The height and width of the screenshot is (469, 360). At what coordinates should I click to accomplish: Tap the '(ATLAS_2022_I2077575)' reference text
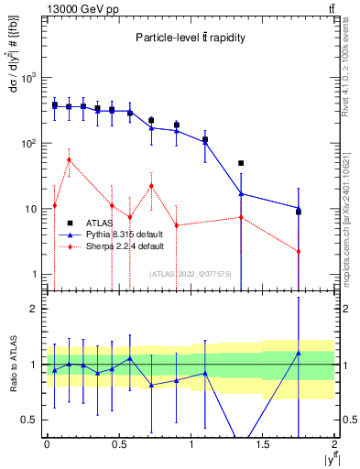point(191,274)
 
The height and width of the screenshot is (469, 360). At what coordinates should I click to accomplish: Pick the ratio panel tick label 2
point(33,310)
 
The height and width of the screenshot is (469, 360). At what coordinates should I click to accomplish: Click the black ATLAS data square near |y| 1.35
point(241,163)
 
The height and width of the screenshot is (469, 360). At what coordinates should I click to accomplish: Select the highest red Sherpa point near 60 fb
point(69,159)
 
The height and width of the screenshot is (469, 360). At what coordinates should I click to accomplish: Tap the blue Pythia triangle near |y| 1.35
point(241,193)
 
